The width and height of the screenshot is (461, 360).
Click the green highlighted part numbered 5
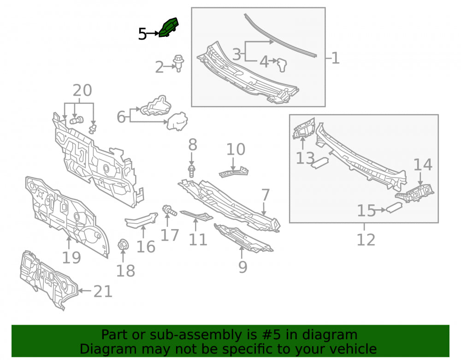click(168, 27)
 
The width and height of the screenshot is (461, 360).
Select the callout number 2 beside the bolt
click(160, 67)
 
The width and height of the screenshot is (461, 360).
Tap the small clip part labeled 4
click(283, 65)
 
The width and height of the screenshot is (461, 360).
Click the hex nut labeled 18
click(123, 245)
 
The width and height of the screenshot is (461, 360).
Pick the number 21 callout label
click(103, 291)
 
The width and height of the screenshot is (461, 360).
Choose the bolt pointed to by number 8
click(191, 171)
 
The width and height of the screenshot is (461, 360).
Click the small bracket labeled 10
click(234, 172)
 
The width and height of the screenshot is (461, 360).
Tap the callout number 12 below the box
click(366, 240)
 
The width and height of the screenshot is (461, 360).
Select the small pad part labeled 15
click(394, 208)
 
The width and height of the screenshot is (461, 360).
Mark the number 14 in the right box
click(423, 165)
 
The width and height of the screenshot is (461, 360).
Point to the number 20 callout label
click(83, 90)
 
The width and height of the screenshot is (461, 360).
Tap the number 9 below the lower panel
click(242, 267)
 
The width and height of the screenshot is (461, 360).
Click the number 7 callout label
click(265, 195)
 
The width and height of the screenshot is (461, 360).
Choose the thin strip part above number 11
click(196, 215)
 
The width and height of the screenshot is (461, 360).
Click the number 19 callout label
click(71, 258)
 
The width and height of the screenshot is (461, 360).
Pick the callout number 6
click(121, 117)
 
